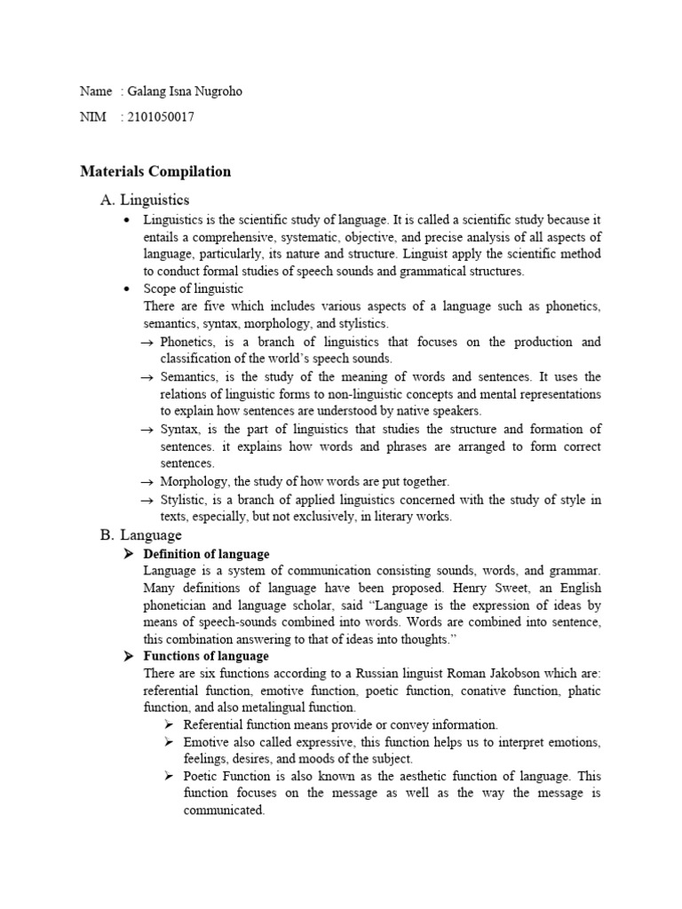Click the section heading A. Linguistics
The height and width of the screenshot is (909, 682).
145,200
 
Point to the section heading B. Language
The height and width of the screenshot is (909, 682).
141,534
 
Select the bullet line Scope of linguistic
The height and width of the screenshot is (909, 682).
193,289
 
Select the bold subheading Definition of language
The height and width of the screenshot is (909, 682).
206,554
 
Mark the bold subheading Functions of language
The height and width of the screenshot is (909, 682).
206,656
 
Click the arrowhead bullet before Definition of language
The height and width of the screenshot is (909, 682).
127,554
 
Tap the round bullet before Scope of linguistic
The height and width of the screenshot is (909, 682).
130,289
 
